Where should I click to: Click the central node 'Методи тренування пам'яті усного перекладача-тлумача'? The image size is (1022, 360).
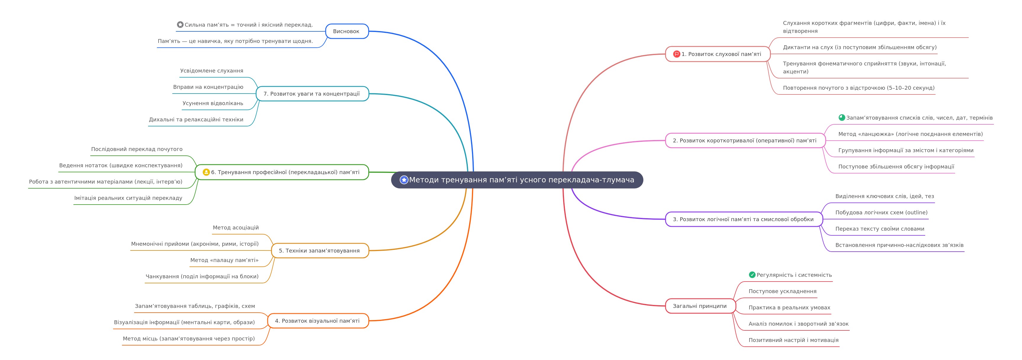coord(517,180)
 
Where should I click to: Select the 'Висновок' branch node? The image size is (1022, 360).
coord(347,31)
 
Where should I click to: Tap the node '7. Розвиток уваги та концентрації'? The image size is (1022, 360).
coord(312,94)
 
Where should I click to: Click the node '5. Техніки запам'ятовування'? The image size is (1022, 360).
coord(320,250)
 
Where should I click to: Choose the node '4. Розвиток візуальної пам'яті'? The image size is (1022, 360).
coord(318,321)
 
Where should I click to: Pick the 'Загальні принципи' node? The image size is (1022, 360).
coord(700,306)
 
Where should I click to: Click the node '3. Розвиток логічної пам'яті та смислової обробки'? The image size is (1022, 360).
coord(744,219)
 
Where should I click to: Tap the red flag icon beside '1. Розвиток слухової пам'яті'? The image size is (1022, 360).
coord(677,54)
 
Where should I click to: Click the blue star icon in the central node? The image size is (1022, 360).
coord(404,180)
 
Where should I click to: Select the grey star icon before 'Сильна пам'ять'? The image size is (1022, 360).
coord(180,25)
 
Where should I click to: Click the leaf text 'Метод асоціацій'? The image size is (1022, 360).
coord(236,227)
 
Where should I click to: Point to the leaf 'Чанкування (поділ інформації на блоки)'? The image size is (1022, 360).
coord(202,276)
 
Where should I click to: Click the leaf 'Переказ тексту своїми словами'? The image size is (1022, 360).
coord(880,229)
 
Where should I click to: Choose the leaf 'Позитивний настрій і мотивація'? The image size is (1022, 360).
coord(793,340)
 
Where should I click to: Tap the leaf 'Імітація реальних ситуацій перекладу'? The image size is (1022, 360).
coord(128,198)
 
